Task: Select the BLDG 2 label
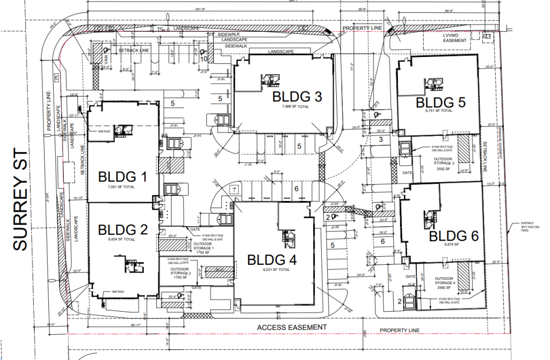tap(123, 229)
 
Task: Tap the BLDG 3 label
tap(297, 97)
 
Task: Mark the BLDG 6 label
tap(453, 235)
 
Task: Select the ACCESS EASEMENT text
tap(291, 327)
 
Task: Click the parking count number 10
tap(204, 58)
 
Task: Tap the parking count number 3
tap(380, 140)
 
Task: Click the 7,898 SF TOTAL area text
tap(297, 107)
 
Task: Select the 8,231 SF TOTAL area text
tap(272, 269)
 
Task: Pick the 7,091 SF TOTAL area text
tap(123, 186)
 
